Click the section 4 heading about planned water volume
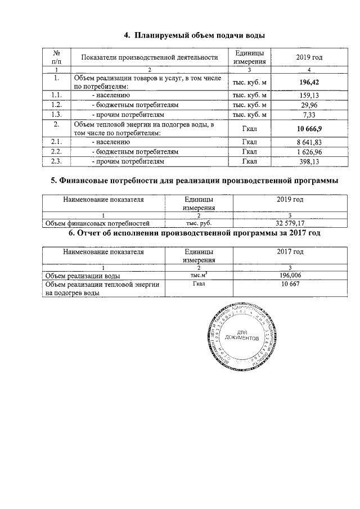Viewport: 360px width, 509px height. [194, 35]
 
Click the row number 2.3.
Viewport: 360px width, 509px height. [56, 161]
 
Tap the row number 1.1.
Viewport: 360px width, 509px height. [56, 95]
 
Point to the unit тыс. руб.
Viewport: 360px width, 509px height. [191, 223]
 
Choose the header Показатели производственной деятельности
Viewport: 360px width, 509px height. [149, 57]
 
